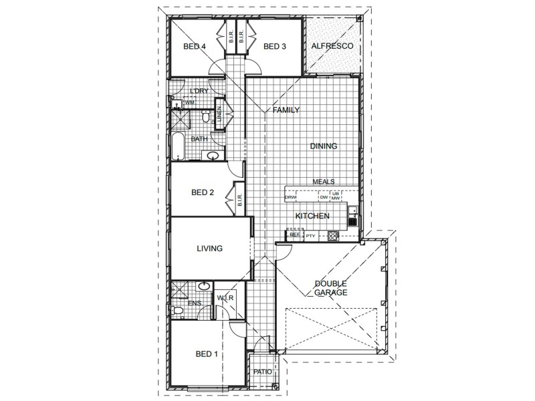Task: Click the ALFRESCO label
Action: [x=332, y=46]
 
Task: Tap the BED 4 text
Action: [x=194, y=46]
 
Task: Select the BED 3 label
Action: [x=274, y=46]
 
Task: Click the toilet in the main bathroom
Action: [x=206, y=118]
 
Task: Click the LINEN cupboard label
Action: [x=219, y=114]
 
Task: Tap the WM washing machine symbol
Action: [x=189, y=103]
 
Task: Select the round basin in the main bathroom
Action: [x=213, y=156]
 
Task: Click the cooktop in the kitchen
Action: [x=332, y=235]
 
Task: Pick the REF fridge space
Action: [x=294, y=235]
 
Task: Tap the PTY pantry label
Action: [x=310, y=236]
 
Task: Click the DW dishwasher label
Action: [x=323, y=197]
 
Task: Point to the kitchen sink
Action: [x=352, y=215]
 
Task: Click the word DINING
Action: [x=323, y=146]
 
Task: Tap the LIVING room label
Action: [x=209, y=248]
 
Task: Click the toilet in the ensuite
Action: [x=176, y=311]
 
